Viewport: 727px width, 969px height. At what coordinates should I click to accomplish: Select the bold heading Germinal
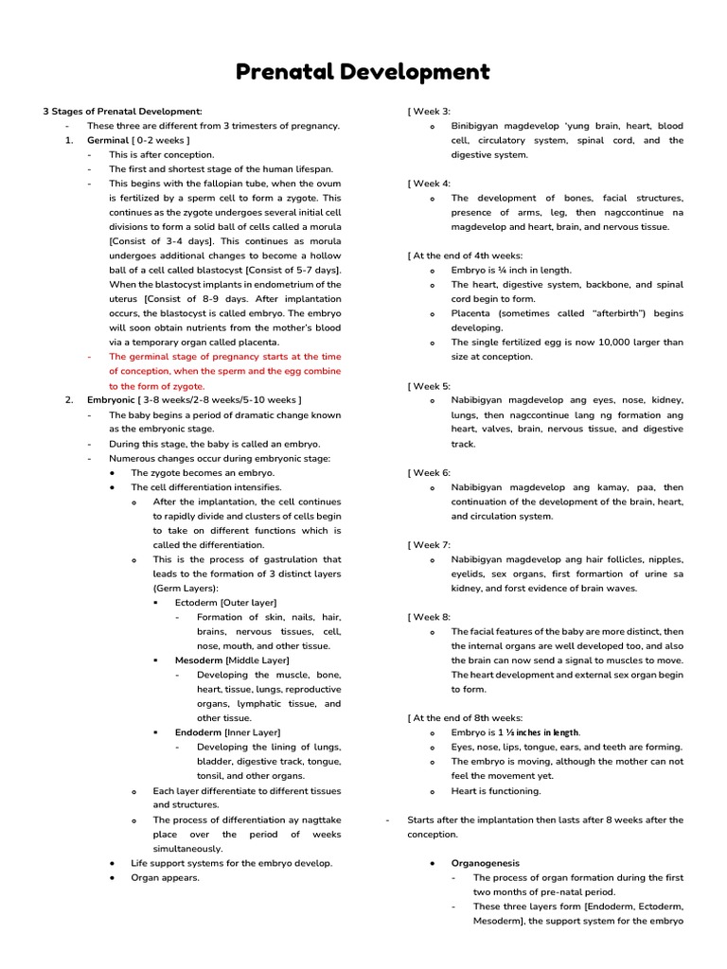[108, 140]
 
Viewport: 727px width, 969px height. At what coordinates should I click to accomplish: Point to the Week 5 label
[431, 386]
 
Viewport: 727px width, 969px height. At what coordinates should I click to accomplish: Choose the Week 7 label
[431, 545]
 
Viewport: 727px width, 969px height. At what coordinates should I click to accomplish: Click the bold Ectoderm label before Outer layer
[198, 603]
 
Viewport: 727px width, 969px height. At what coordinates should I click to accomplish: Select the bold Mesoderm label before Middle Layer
[200, 661]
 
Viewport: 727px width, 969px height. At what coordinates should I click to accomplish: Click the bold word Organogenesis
[485, 863]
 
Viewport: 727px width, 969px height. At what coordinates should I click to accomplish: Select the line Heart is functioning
[496, 791]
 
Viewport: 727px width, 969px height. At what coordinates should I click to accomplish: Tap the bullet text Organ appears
[166, 877]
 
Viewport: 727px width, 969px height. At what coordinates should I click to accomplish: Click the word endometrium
[275, 285]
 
